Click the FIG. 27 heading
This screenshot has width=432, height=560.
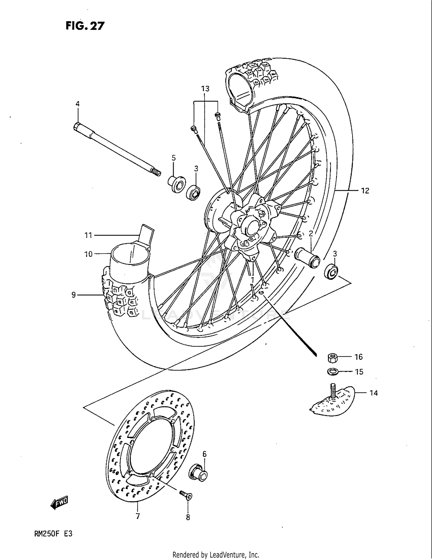(85, 26)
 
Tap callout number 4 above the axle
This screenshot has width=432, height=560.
(77, 104)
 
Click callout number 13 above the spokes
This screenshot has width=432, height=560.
(205, 89)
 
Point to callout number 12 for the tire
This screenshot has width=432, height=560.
(365, 191)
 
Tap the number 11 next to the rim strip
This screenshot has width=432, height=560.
(88, 235)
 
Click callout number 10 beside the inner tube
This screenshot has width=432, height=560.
(88, 254)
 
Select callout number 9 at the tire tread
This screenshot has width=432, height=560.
(74, 295)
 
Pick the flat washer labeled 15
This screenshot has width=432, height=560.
(333, 372)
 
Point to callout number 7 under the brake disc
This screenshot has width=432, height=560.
(138, 516)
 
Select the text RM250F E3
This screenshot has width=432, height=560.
(53, 534)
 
